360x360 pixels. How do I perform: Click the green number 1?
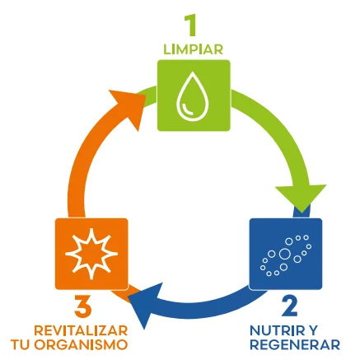pos(190,26)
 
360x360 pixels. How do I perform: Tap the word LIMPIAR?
pos(194,49)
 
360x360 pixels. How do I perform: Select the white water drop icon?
pos(193,96)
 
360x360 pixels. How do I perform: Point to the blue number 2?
pos(289,306)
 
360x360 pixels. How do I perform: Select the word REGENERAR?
pos(295,345)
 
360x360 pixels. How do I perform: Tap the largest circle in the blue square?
pos(284,254)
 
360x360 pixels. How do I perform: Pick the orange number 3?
pos(82,306)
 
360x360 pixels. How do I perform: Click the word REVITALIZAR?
pos(81,330)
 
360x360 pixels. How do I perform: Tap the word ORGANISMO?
pos(82,345)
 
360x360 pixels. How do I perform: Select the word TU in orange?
pos(21,345)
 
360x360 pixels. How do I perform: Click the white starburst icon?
pos(91,253)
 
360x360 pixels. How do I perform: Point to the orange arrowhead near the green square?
pos(129,107)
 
